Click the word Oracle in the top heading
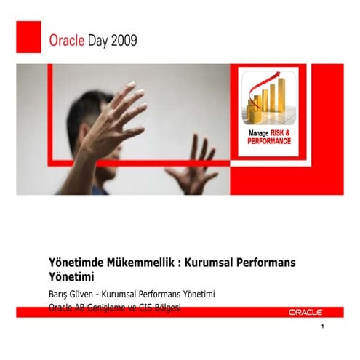coord(67,41)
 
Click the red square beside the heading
coord(28,36)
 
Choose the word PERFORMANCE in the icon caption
coord(268,141)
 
